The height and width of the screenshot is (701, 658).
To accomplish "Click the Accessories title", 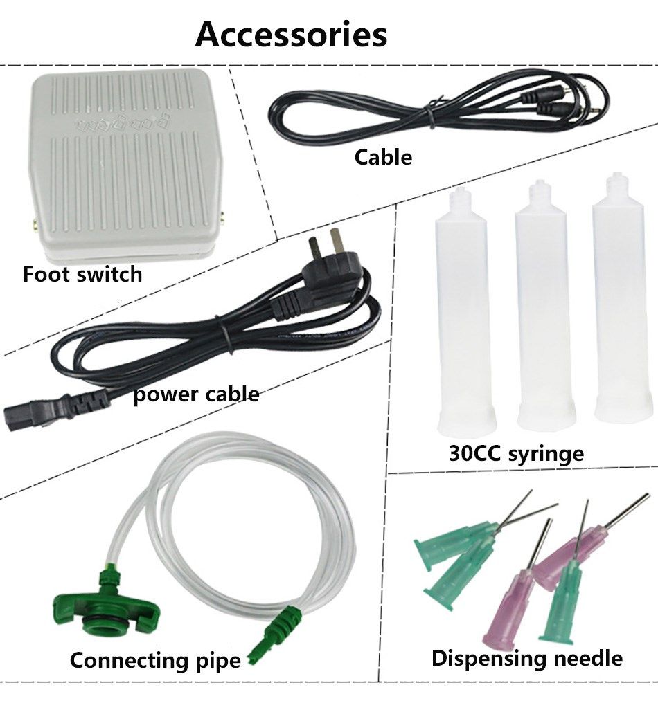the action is click(291, 34).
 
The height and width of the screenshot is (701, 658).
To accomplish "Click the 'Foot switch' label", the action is click(82, 274).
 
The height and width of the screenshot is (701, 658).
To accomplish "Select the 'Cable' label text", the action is click(383, 157).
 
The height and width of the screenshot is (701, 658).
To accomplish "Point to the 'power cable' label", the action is click(196, 394).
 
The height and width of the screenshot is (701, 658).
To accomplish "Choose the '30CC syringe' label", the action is click(515, 454).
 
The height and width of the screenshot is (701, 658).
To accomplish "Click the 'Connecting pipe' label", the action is click(155, 659).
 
